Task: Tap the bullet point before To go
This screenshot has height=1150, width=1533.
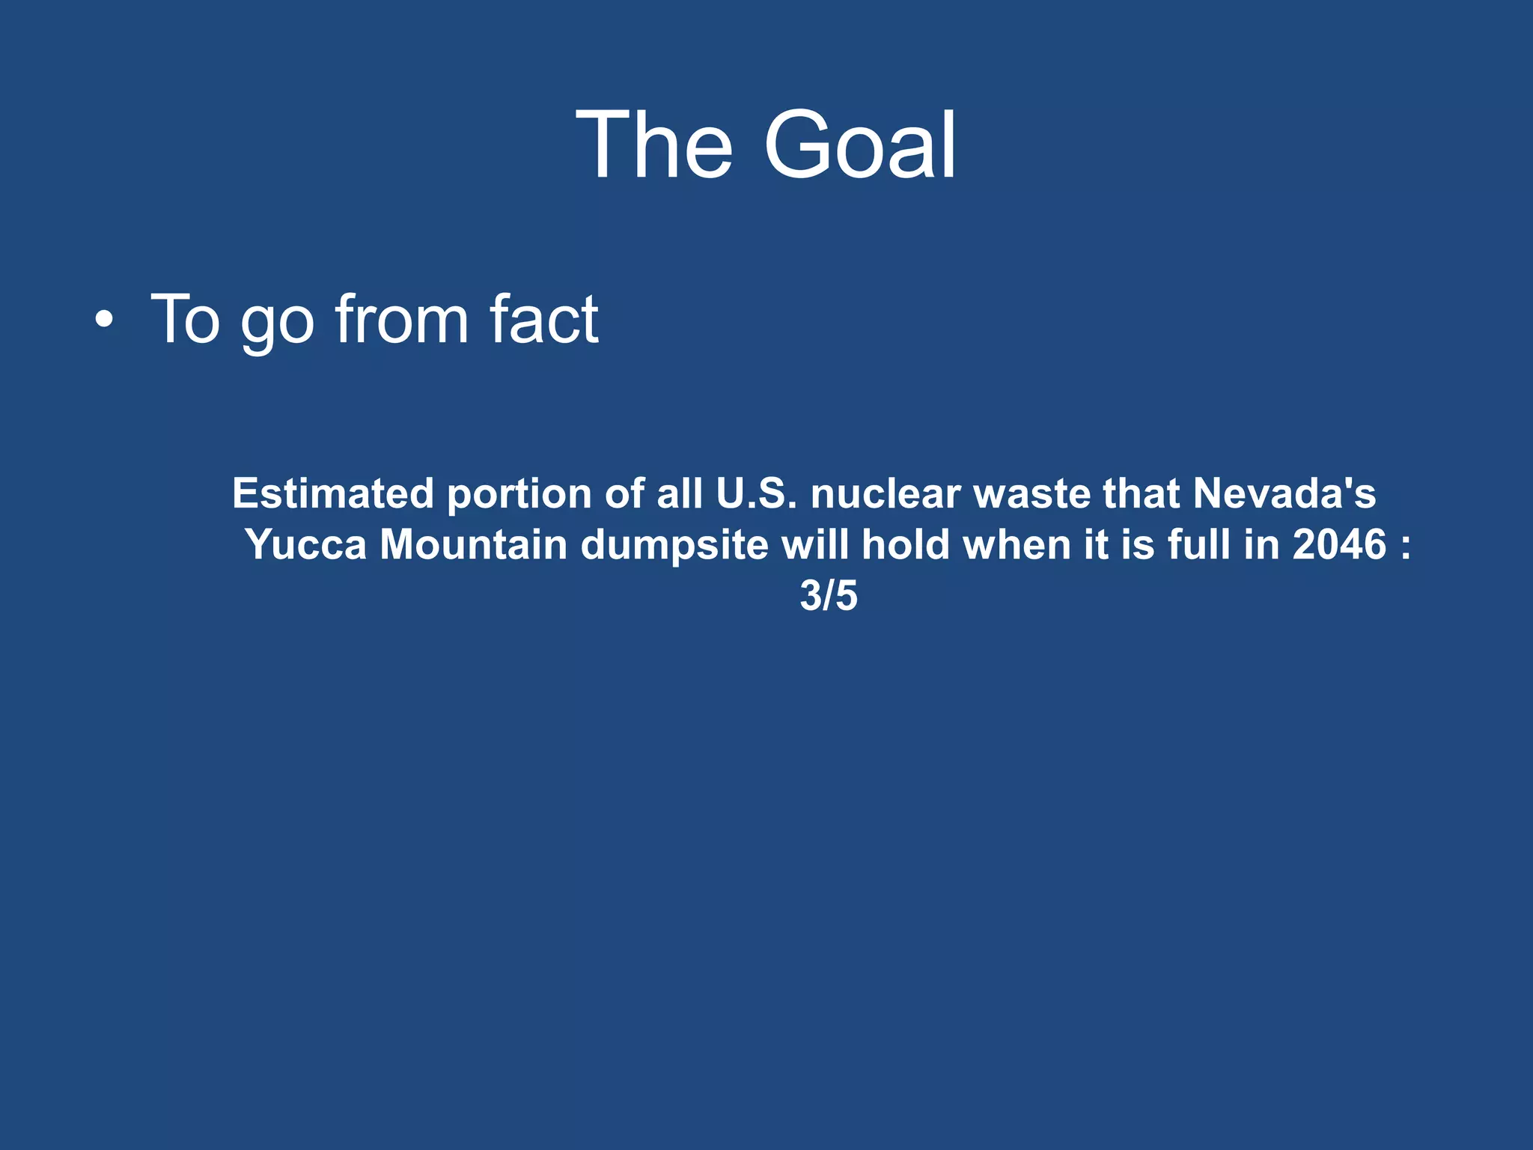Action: pos(105,320)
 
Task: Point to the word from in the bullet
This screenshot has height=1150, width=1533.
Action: pos(401,320)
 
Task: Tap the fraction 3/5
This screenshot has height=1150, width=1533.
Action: pos(829,596)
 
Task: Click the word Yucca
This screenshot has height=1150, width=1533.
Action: pos(306,544)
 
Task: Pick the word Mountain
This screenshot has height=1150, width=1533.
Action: pos(474,544)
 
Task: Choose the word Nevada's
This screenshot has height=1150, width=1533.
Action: pos(1284,493)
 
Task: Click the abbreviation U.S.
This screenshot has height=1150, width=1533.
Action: pos(757,493)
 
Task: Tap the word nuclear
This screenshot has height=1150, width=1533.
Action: pos(886,493)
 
